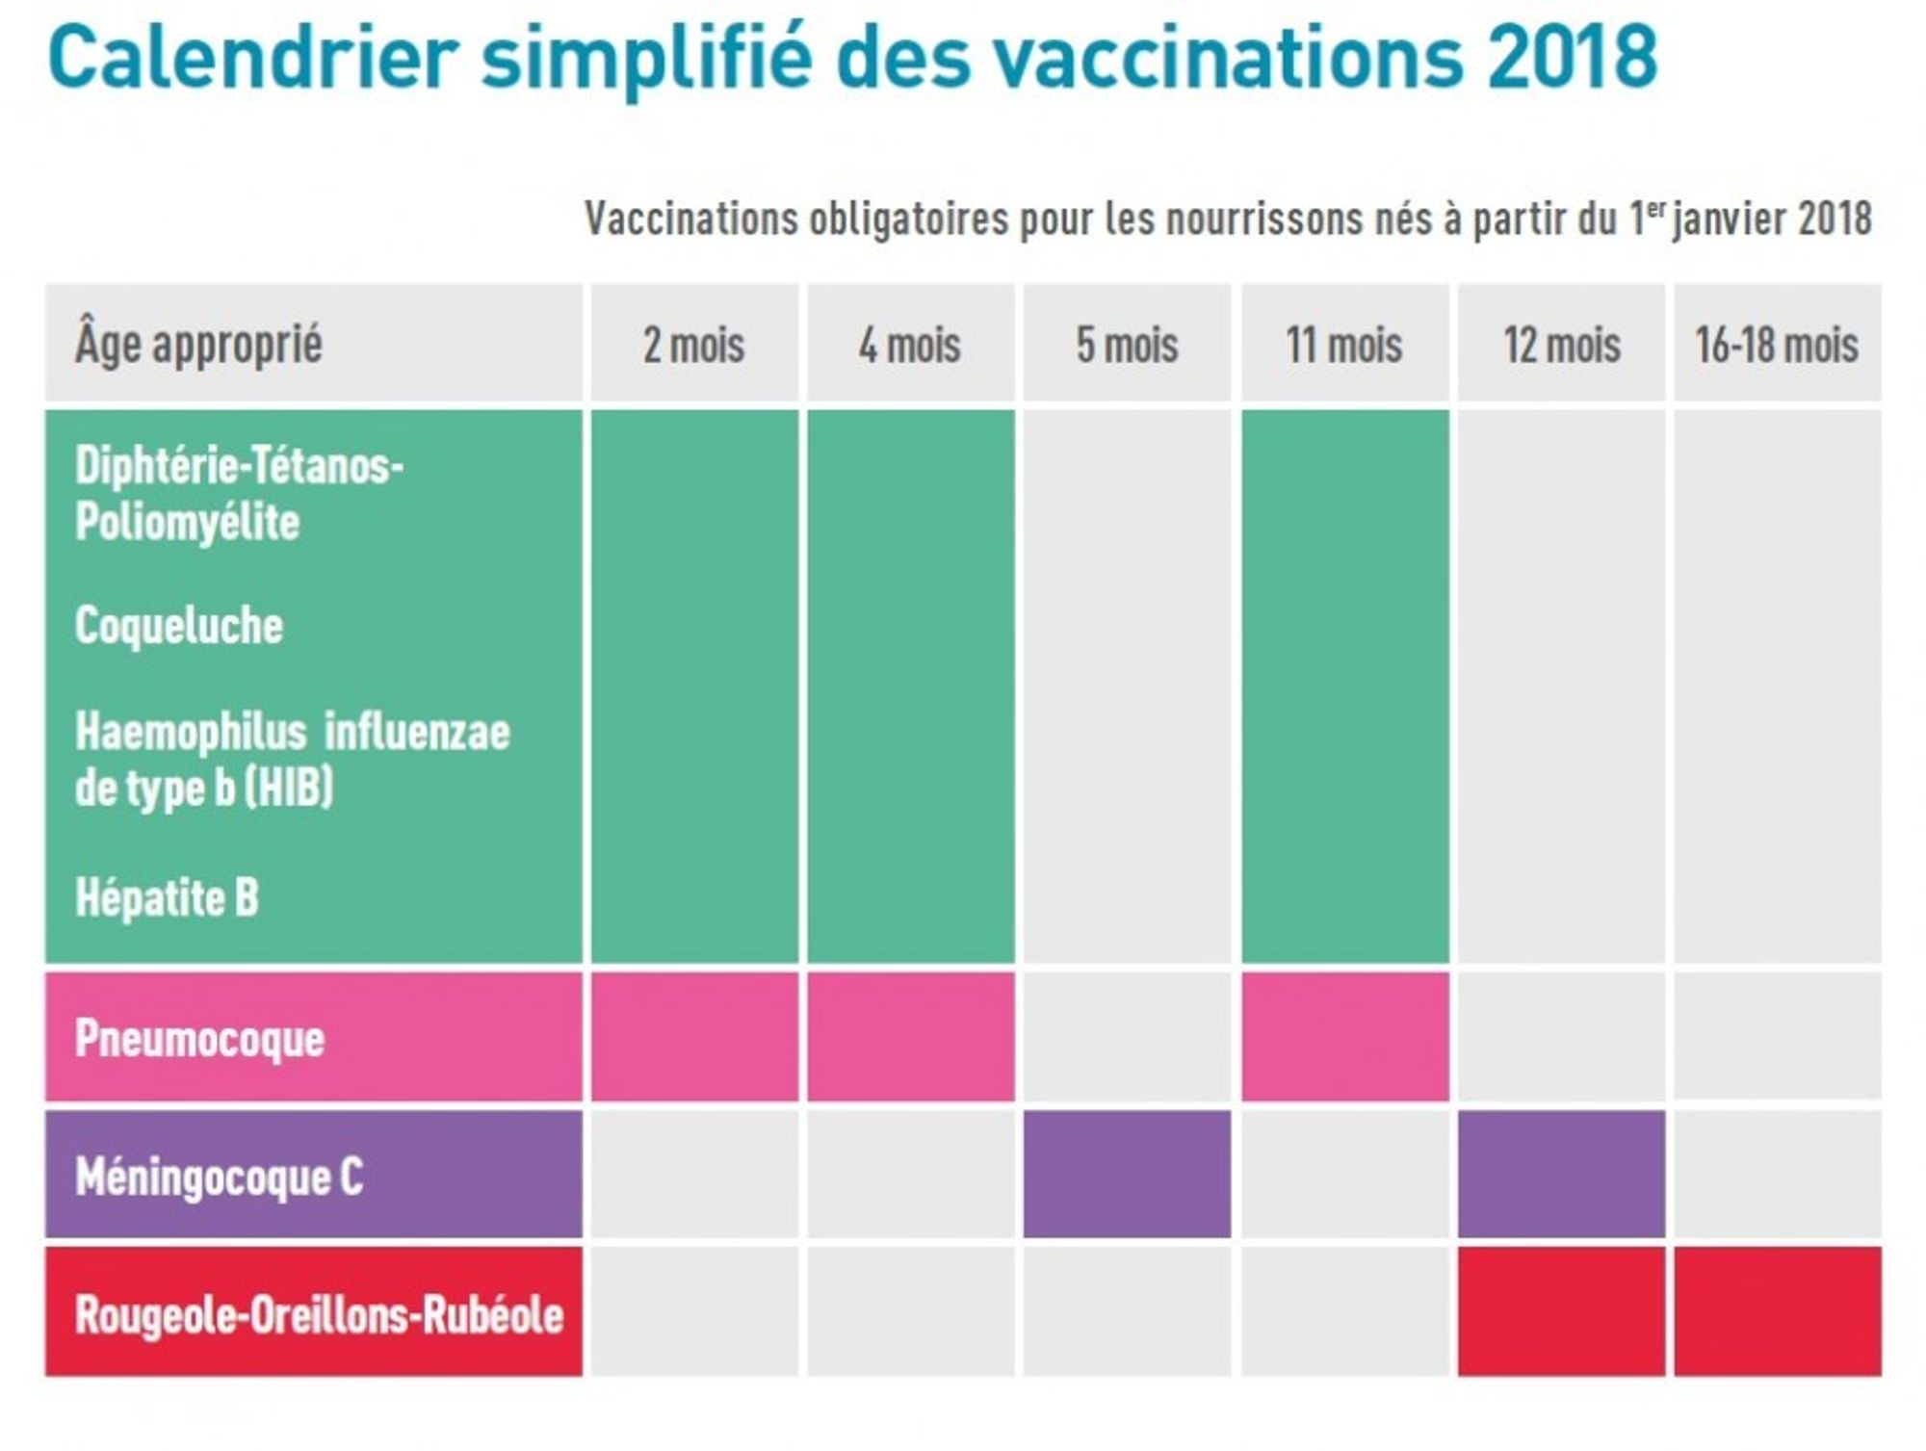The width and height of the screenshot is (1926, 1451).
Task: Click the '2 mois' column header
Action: coord(694,345)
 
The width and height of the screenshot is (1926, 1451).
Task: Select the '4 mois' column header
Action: coord(910,345)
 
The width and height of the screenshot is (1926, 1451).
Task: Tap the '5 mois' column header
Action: coord(1127,345)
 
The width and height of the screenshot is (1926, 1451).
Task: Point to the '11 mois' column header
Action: coord(1344,345)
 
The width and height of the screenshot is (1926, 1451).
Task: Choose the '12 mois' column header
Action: coord(1561,345)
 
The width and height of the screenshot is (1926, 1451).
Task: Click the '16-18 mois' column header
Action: coord(1777,345)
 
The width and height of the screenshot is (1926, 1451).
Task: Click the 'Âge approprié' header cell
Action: coord(199,345)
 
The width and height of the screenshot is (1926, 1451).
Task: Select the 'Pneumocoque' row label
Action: coord(200,1038)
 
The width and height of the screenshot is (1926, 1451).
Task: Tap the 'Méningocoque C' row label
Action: coord(220,1176)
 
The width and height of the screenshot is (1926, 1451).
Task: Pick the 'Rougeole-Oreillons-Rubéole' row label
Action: coord(319,1313)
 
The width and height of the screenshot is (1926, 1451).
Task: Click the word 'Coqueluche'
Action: coord(179,626)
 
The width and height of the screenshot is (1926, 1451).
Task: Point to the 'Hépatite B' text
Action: coord(168,897)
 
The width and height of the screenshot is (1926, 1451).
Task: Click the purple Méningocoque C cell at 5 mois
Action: coord(1127,1174)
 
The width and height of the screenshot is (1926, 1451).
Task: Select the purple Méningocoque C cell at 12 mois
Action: coord(1561,1174)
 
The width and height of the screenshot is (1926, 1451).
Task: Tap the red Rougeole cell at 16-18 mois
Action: coord(1777,1311)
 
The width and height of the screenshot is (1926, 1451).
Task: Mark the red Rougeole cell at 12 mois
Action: coord(1561,1311)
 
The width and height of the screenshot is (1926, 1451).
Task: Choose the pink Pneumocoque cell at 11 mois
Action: coord(1344,1036)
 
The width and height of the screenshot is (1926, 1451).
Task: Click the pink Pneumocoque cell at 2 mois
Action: coord(694,1036)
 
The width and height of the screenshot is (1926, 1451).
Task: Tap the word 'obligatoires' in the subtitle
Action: coord(908,220)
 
